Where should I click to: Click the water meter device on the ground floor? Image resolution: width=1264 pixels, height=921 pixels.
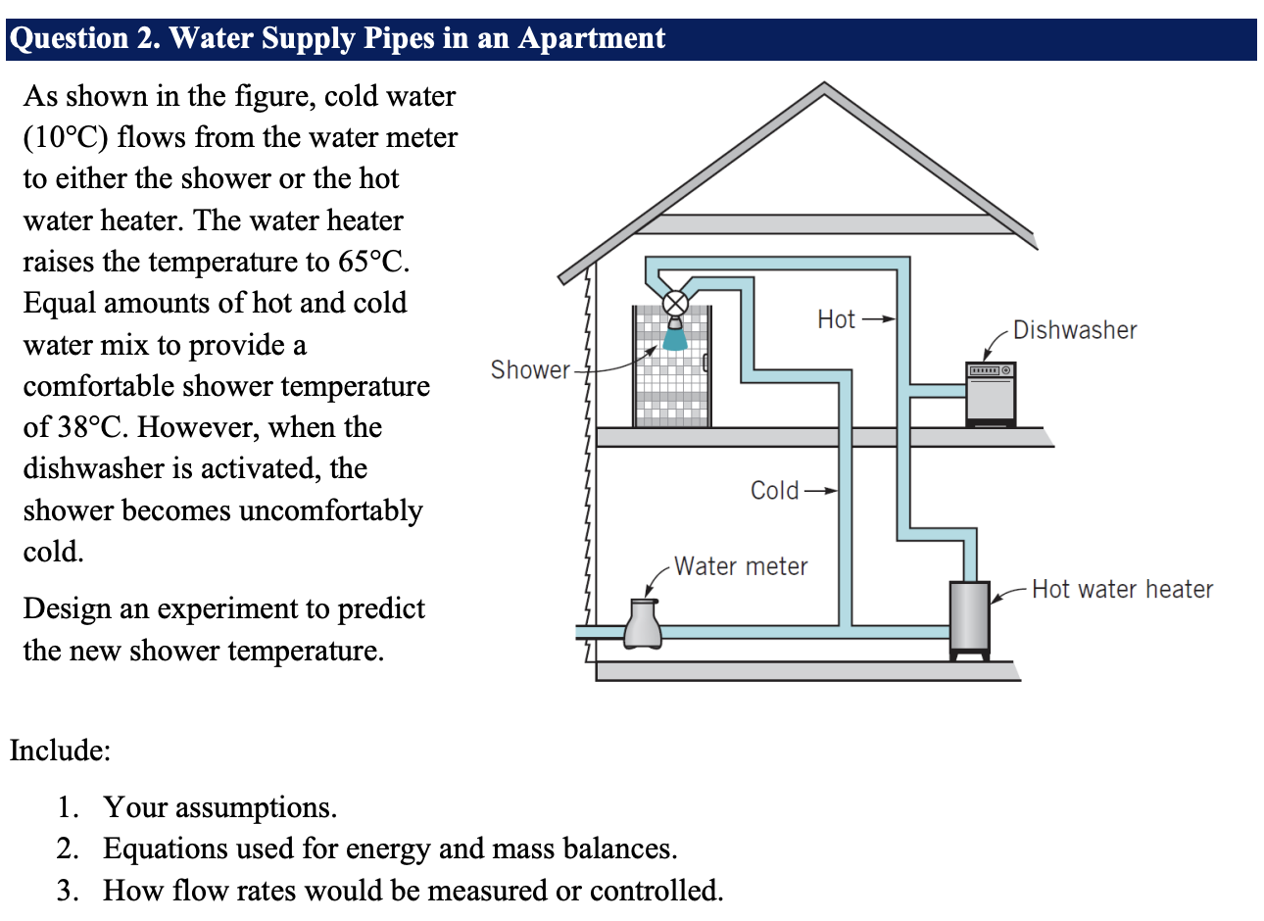click(x=643, y=624)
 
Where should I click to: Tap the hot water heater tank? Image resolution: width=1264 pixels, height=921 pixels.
click(x=969, y=618)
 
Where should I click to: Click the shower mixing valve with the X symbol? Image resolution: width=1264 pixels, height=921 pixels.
click(x=675, y=303)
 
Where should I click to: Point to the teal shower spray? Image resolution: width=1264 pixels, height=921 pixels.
click(x=675, y=338)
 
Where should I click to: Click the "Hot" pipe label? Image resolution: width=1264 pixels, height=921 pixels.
click(x=836, y=319)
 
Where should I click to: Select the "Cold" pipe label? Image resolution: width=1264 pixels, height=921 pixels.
click(x=774, y=490)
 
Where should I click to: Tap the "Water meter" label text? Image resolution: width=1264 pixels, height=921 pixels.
click(x=741, y=566)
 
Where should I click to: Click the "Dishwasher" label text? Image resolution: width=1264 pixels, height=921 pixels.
click(x=1075, y=330)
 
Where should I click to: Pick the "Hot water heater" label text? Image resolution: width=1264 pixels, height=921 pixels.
click(x=1122, y=589)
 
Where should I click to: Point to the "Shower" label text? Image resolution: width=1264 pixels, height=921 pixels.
click(x=530, y=369)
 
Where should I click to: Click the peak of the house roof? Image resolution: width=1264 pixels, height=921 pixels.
click(x=825, y=86)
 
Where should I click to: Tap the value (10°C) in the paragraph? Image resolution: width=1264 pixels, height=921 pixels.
click(x=66, y=137)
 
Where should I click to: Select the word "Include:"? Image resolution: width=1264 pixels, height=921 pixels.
click(x=60, y=751)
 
